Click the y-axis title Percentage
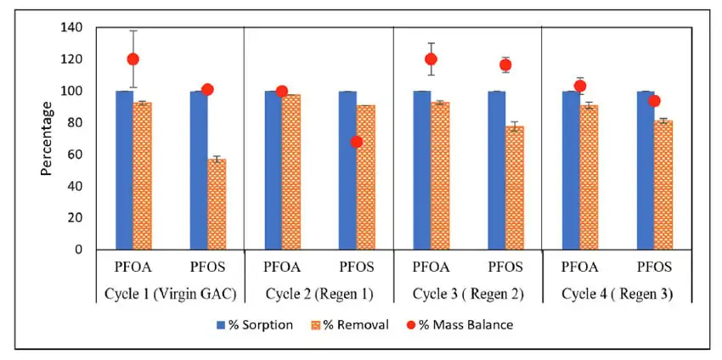tap(47, 138)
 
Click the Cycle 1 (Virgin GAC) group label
tap(170, 293)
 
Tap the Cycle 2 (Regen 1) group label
tap(319, 293)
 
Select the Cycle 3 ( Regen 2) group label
tap(467, 293)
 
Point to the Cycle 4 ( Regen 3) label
tap(616, 293)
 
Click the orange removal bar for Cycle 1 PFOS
tap(217, 204)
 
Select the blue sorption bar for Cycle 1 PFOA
tap(124, 170)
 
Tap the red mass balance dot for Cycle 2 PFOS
tap(356, 142)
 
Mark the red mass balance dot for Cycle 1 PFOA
tap(133, 59)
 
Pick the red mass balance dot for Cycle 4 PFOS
tap(654, 101)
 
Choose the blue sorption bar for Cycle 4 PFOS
tap(645, 170)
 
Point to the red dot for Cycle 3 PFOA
tap(432, 59)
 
